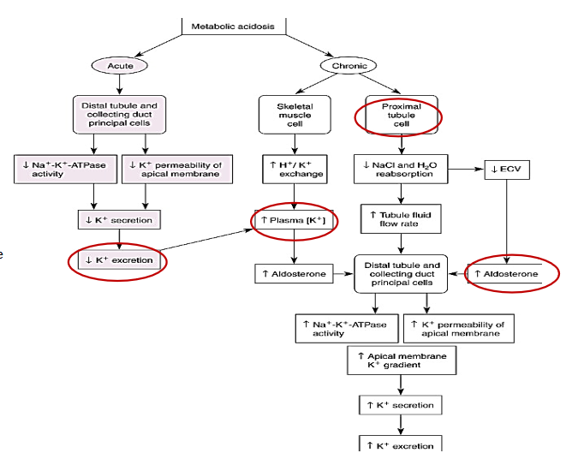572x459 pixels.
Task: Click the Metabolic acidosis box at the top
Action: pos(233,26)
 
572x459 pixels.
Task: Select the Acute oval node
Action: pos(120,65)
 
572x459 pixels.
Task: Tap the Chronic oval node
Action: pos(349,66)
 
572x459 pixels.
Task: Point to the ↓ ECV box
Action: pos(508,169)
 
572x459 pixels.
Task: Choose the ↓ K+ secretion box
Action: pos(119,220)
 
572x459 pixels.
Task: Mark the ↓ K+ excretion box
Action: pos(119,259)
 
